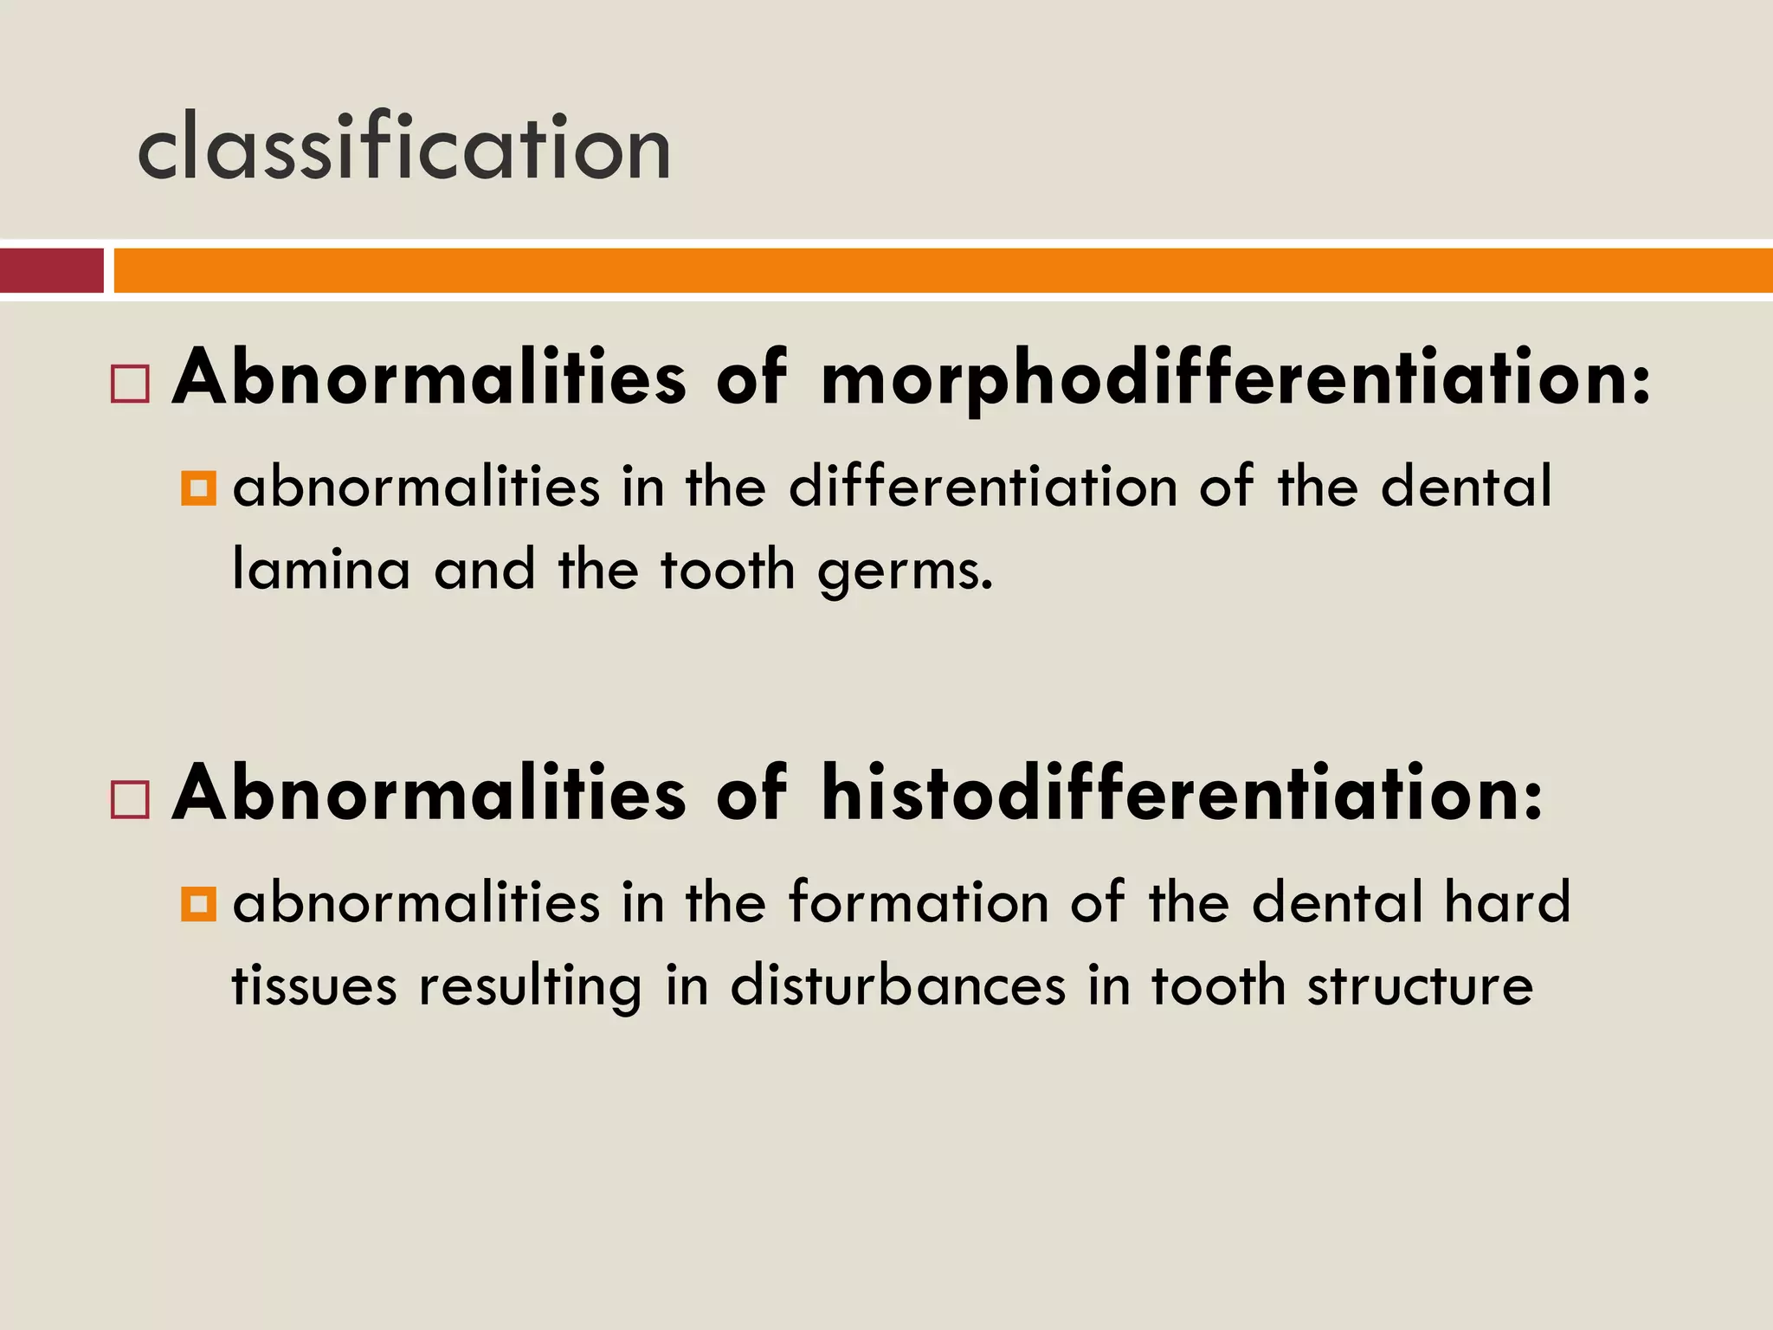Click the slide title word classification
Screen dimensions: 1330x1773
click(x=403, y=147)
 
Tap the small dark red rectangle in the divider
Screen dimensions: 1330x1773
click(x=51, y=270)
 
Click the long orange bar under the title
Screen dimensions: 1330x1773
click(x=942, y=270)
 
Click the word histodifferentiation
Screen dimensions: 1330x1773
click(x=1182, y=793)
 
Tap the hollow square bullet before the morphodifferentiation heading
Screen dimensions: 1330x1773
click(x=131, y=383)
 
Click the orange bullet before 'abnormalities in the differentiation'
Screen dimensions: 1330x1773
click(x=198, y=488)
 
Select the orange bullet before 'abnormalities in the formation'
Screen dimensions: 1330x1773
click(x=198, y=905)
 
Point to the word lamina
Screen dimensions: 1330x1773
click(x=321, y=571)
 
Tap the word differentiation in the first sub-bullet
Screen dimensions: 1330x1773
click(x=983, y=487)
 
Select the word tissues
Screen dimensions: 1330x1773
click(x=313, y=986)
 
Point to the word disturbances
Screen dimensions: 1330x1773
click(x=898, y=986)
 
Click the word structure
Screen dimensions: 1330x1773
click(x=1420, y=986)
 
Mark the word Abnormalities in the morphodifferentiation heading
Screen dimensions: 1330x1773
click(x=429, y=378)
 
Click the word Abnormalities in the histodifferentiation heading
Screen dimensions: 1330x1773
click(x=429, y=793)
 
